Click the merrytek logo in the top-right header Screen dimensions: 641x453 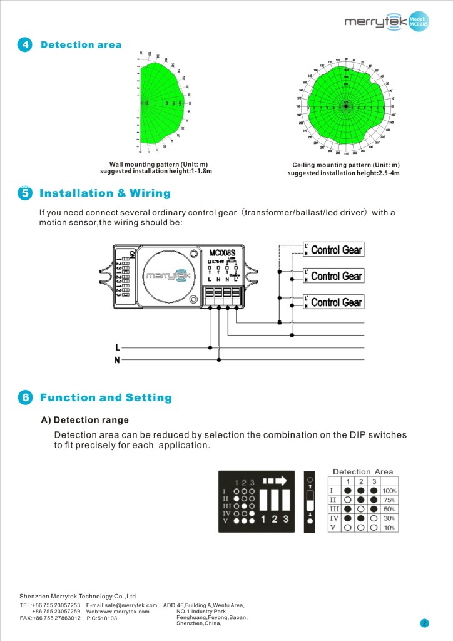click(375, 23)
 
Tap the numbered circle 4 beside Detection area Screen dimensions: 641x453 click(24, 45)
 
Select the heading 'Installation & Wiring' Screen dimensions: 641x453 click(104, 193)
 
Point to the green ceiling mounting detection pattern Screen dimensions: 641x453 click(345, 106)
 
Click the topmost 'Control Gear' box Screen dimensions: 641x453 click(336, 250)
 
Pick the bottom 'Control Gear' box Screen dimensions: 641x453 click(336, 302)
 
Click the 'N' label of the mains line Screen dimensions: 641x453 click(117, 360)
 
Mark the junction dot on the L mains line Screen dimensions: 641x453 click(210, 347)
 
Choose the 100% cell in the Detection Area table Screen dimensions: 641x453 click(389, 491)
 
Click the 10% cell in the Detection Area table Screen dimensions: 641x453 click(389, 528)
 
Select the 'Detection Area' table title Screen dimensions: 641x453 click(363, 471)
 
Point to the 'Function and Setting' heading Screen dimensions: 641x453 click(105, 398)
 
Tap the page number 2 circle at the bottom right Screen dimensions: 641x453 click(424, 623)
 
